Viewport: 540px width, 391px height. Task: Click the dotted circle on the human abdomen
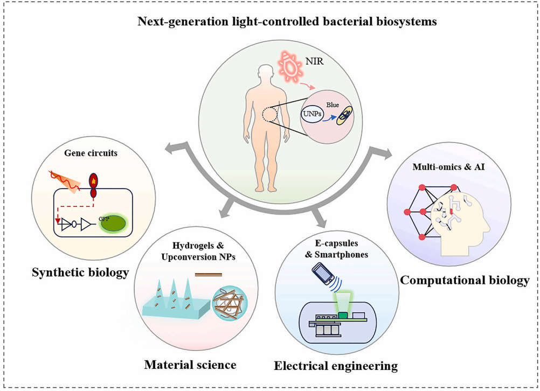point(269,114)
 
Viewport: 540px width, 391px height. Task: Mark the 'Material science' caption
point(190,365)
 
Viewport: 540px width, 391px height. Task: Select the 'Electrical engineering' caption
point(336,366)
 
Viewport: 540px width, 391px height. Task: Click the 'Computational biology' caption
point(465,281)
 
